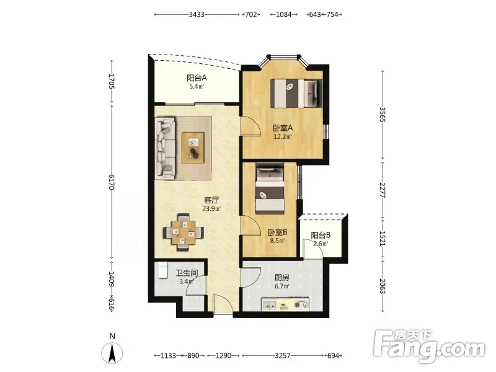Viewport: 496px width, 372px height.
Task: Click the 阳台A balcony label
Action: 197,78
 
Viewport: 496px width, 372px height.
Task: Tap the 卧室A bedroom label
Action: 283,128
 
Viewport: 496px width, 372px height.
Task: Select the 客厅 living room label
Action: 211,200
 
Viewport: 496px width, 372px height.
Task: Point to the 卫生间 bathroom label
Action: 187,273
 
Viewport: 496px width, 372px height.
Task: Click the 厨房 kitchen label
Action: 282,278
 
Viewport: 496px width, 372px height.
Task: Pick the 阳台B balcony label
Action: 321,236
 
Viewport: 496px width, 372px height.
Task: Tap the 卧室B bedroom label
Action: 277,232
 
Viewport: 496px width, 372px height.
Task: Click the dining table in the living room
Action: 184,232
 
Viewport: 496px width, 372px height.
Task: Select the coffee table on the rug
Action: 193,148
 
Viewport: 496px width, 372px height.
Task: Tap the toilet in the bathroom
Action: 162,270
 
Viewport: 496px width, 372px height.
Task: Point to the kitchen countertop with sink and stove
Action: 285,304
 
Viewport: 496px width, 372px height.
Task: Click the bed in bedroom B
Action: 270,188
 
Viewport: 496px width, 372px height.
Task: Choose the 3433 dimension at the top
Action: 197,14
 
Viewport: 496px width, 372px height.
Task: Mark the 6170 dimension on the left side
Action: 112,182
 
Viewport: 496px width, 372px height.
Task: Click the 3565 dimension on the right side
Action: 383,115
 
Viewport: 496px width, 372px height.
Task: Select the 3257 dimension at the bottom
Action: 283,356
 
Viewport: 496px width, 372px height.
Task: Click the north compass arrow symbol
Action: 112,353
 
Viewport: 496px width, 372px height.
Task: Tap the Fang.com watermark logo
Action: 429,347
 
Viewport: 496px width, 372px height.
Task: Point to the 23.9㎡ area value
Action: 211,209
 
